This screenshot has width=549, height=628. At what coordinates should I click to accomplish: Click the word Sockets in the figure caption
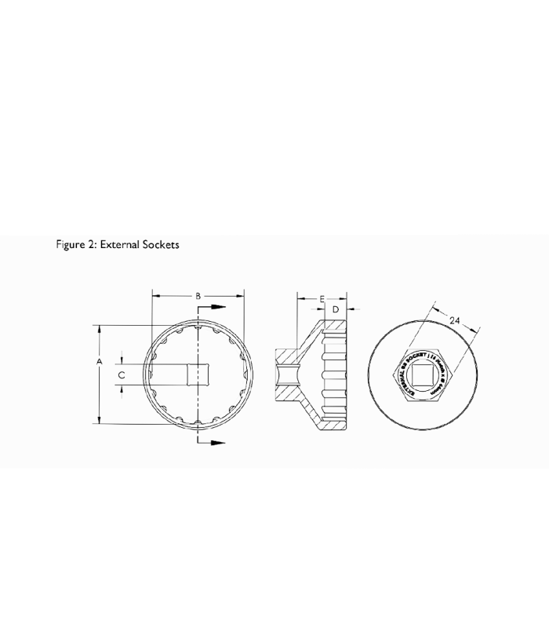point(160,245)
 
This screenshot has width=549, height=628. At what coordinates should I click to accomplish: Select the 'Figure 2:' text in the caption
point(75,245)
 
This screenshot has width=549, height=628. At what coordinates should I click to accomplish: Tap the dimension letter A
point(100,361)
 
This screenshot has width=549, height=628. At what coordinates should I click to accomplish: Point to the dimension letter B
point(198,296)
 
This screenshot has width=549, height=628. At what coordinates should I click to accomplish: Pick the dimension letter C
point(121,376)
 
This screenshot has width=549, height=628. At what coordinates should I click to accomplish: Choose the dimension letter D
point(336,310)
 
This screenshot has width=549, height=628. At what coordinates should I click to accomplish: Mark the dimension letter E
point(322,299)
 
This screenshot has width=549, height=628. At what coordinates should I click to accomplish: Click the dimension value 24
point(455,319)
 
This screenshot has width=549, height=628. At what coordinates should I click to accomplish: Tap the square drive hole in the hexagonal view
point(424,376)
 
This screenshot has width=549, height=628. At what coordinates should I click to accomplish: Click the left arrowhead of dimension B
point(155,296)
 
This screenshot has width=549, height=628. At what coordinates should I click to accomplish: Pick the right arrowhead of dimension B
point(240,296)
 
